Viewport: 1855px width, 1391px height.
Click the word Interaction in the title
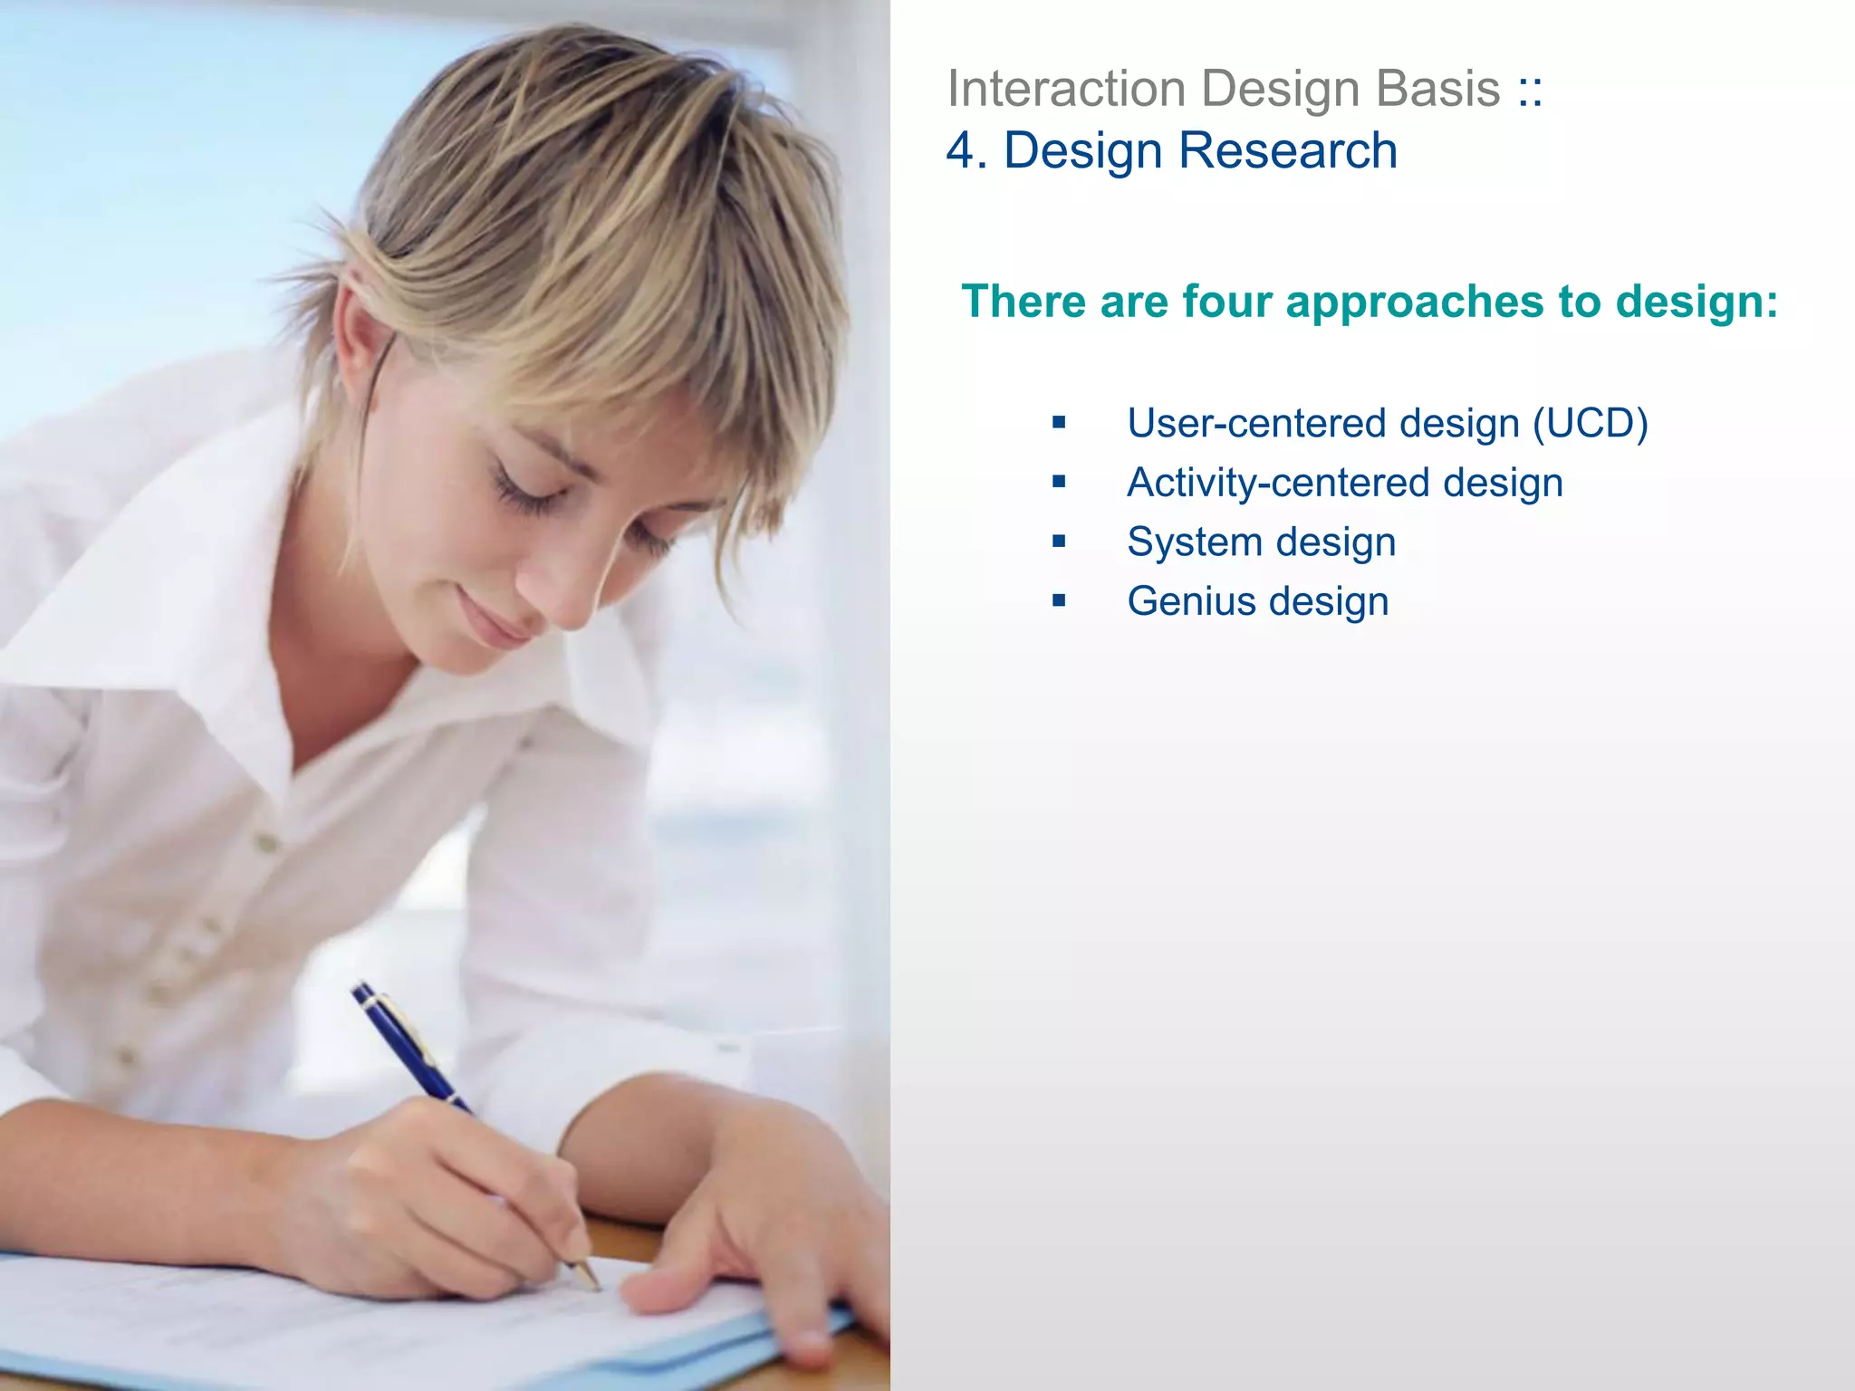[x=1066, y=89]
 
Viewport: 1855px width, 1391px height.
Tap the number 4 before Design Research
[x=960, y=150]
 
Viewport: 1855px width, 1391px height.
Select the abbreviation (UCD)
[x=1590, y=424]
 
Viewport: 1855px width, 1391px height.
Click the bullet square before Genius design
[x=1059, y=600]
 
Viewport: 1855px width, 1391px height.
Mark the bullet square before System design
[x=1059, y=542]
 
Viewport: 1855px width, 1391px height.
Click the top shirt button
[x=266, y=843]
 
